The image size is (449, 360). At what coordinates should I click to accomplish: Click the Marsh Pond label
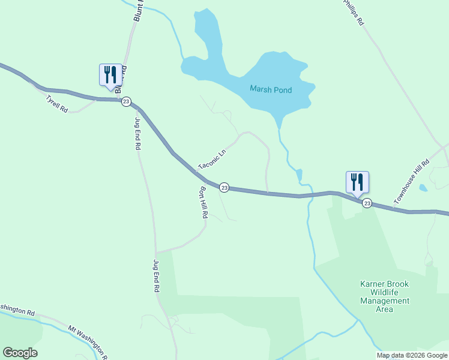click(271, 90)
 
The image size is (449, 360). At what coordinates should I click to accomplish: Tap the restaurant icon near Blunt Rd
click(110, 76)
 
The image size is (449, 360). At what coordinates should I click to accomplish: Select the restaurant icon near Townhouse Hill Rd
click(357, 183)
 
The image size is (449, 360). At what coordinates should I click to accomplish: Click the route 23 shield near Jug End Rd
click(125, 101)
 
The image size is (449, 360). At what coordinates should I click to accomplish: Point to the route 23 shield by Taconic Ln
click(224, 188)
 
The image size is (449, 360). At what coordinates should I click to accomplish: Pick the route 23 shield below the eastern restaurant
click(367, 203)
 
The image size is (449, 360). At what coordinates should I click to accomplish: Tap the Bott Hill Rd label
click(203, 202)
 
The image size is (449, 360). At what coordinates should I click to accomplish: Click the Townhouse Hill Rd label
click(412, 181)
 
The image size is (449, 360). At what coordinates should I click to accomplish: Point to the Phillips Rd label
click(354, 12)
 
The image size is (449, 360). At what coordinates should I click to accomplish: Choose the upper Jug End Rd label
click(137, 133)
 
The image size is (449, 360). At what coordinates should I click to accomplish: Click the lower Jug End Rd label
click(156, 276)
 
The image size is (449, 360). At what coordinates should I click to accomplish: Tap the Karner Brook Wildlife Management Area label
click(384, 296)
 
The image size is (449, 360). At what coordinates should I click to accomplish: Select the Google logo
click(20, 353)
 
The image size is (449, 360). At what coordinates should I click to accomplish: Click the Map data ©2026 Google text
click(412, 355)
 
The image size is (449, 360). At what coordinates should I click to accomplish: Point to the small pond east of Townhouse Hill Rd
click(424, 188)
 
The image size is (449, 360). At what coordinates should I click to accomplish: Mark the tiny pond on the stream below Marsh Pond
click(299, 175)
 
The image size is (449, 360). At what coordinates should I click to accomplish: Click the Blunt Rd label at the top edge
click(138, 11)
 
